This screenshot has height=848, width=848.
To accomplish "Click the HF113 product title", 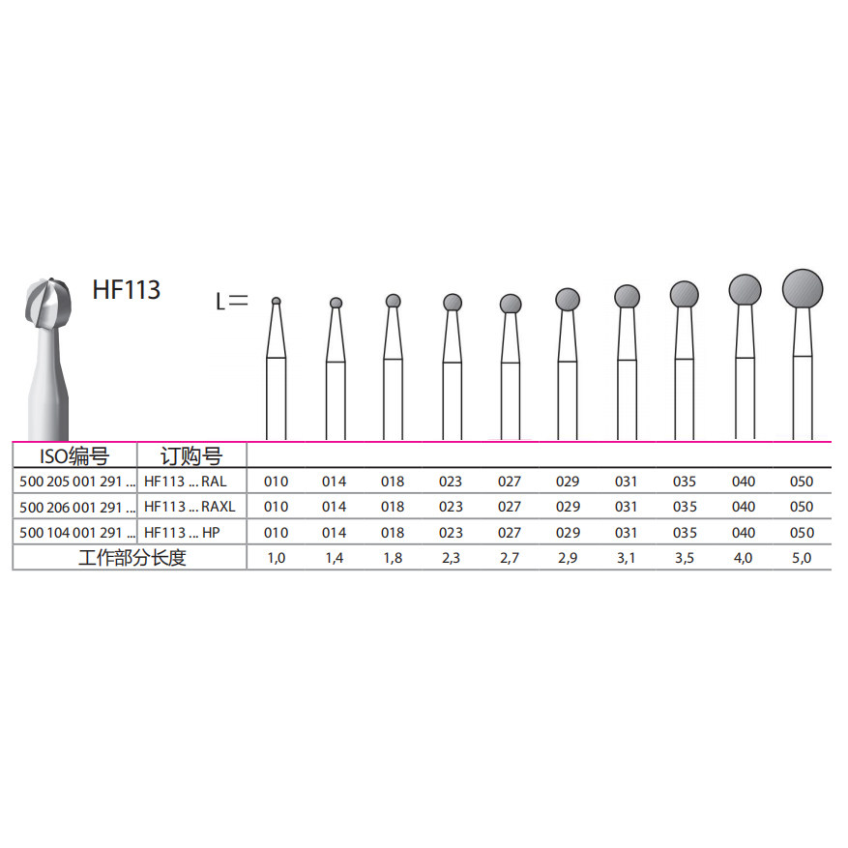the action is pos(126,290).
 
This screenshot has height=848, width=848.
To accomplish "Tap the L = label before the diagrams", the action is pos(232,302).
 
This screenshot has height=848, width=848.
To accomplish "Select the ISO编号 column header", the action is pos(74,456).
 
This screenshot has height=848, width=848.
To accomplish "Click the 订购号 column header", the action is pos(191,456).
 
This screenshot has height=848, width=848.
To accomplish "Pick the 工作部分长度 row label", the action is pos(132,558).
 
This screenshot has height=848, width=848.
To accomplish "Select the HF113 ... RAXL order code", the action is pos(190,507).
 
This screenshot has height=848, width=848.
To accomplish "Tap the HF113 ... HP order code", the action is pos(182,533).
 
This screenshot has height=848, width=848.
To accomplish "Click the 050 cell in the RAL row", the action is pos(802,482).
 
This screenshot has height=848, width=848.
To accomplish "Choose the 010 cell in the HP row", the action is pos(276,533).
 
